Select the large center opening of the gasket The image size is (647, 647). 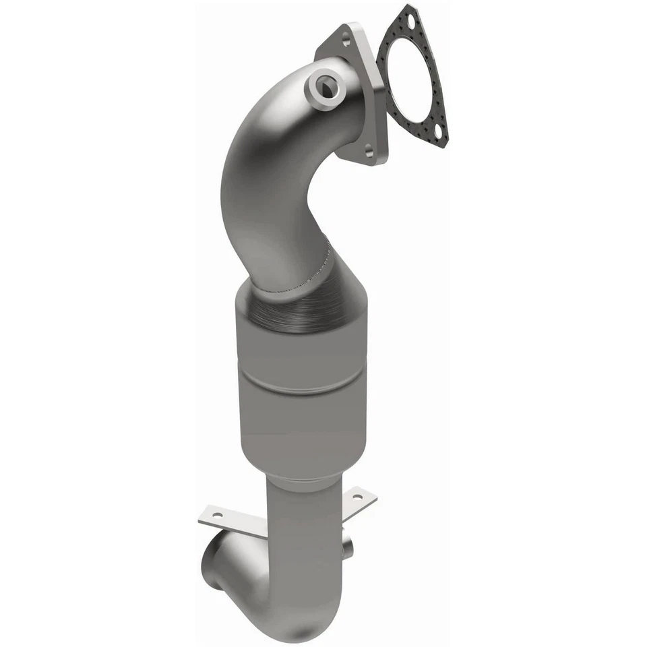[412, 78]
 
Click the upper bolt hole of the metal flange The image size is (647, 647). [345, 38]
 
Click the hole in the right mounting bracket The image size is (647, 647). [357, 497]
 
